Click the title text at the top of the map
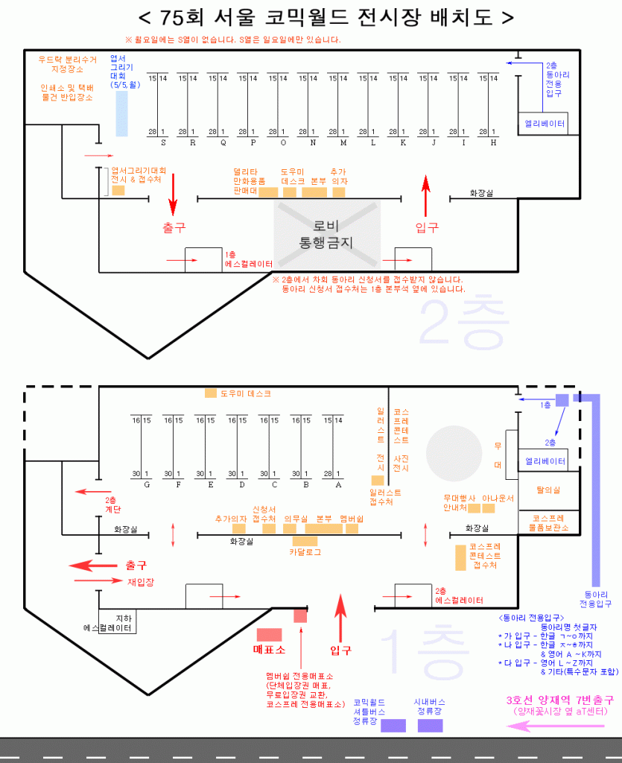326,17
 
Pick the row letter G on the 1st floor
147,484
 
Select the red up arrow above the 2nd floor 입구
426,194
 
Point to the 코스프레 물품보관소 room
549,522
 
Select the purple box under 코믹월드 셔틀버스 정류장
393,726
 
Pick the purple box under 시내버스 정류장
430,726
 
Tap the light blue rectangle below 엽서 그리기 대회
121,113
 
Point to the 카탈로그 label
305,553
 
